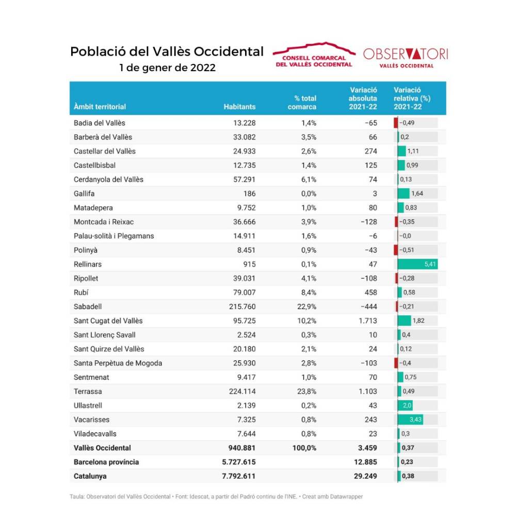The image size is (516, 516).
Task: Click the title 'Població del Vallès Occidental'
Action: [x=167, y=52]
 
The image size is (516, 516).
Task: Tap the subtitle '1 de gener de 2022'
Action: [x=167, y=68]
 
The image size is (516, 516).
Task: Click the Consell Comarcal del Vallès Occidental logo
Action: [x=314, y=55]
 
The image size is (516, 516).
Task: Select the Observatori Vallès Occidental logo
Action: [x=406, y=58]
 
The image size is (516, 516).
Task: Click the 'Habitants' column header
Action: [x=239, y=107]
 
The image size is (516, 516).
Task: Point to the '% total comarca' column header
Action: [x=302, y=102]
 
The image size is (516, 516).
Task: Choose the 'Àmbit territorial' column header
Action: [x=100, y=107]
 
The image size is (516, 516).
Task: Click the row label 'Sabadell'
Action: [x=88, y=307]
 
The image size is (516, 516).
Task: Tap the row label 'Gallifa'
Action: [x=84, y=193]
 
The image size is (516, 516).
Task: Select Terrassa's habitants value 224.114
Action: [x=242, y=391]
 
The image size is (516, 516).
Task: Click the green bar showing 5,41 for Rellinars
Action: [x=417, y=264]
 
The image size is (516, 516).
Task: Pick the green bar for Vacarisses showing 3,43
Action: [x=410, y=420]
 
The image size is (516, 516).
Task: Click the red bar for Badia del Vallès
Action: [x=396, y=123]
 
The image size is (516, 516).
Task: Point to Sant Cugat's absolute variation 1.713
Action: [x=368, y=320]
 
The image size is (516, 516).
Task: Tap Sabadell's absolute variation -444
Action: [x=368, y=307]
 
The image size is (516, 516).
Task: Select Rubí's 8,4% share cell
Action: [x=309, y=292]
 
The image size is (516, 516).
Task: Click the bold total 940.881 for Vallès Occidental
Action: [x=242, y=448]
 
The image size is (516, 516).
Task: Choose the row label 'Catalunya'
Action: [x=90, y=476]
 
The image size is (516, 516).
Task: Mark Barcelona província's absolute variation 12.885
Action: [x=365, y=462]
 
